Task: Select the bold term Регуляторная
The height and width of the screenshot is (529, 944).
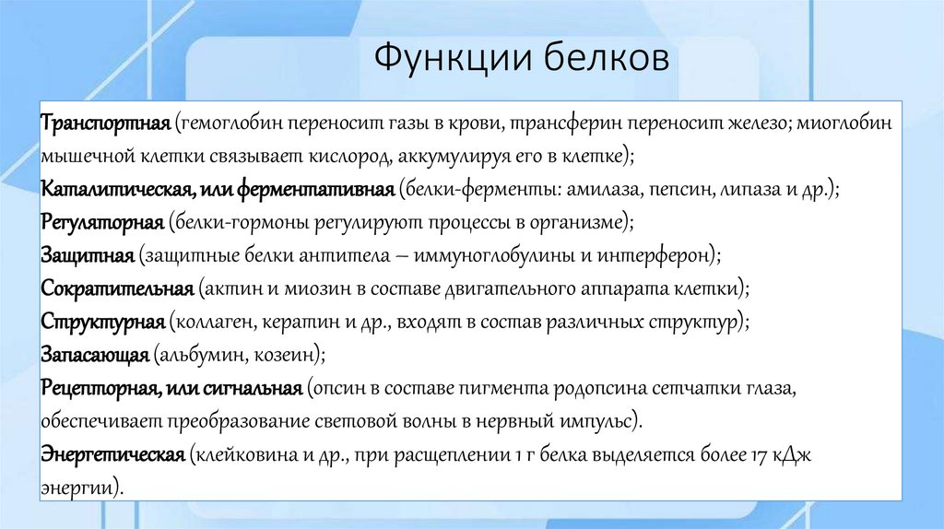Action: [102, 221]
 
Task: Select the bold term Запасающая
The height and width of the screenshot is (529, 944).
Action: [95, 355]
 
